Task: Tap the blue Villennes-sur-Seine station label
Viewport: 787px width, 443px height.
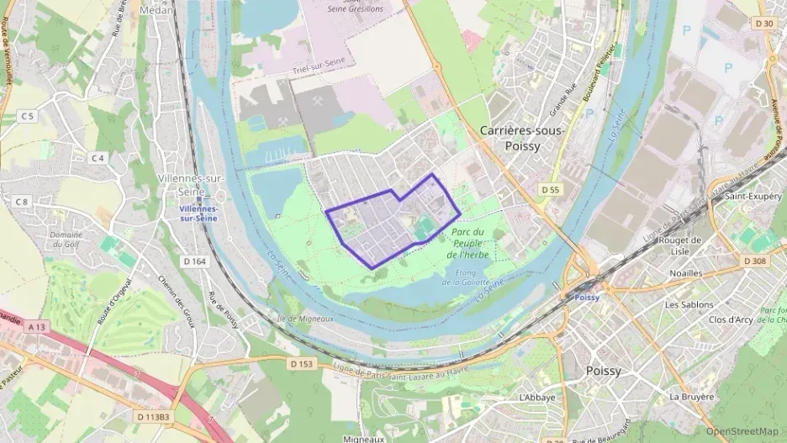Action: [x=198, y=213]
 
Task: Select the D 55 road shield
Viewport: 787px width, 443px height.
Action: [x=551, y=190]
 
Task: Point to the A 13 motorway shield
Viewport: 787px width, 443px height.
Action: [x=35, y=326]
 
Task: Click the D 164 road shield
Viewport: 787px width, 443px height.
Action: [x=194, y=261]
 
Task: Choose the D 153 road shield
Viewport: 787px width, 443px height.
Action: [x=301, y=364]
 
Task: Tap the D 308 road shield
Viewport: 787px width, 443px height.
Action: [x=754, y=261]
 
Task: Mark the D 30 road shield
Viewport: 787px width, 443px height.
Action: [x=764, y=24]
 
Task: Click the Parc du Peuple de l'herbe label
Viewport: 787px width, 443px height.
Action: [x=467, y=243]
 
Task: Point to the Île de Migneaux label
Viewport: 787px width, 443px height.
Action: [x=306, y=319]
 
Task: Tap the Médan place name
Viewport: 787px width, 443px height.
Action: [x=156, y=10]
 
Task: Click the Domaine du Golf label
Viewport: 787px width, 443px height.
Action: [x=65, y=240]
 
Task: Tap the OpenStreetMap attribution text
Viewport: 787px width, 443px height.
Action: [x=742, y=431]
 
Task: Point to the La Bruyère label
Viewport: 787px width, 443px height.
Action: [x=691, y=396]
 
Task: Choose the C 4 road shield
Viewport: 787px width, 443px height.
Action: [x=98, y=158]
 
